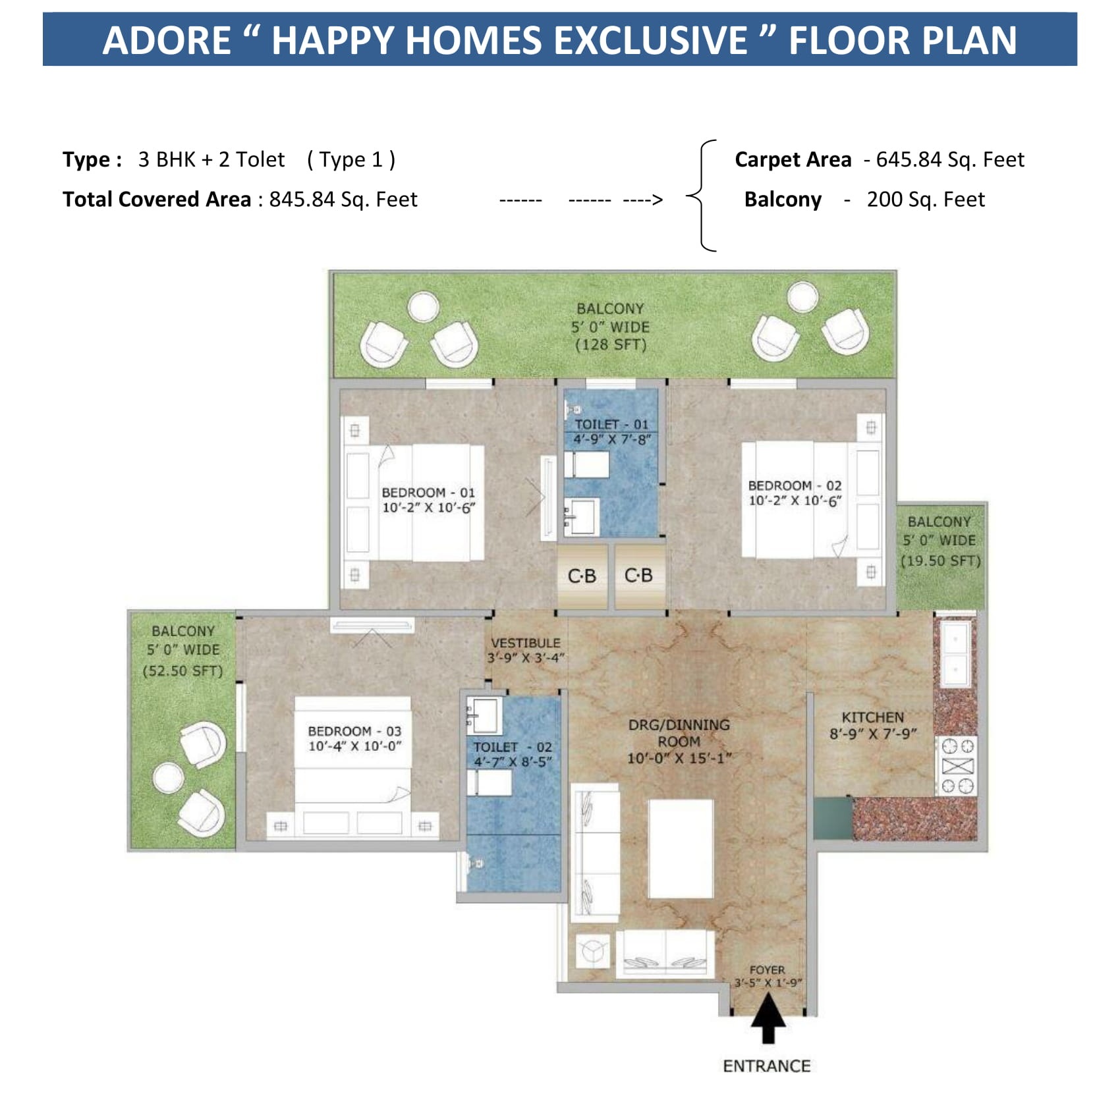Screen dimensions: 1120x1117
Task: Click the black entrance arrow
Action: coord(768,1018)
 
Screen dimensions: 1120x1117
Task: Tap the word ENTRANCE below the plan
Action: coord(767,1066)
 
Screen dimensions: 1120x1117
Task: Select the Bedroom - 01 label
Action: coord(428,493)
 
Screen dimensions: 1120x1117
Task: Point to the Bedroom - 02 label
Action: coord(795,485)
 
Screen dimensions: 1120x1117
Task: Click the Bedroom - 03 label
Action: coord(354,731)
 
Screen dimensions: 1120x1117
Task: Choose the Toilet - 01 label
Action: coord(611,425)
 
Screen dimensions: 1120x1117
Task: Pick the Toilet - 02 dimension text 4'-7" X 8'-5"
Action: coord(513,761)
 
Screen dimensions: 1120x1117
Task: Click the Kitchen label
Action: coord(873,717)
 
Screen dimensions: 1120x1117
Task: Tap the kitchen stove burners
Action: coord(957,765)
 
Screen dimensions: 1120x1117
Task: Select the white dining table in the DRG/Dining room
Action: coord(681,848)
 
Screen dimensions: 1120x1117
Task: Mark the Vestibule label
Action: coord(526,643)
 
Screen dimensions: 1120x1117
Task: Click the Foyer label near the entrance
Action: coord(768,970)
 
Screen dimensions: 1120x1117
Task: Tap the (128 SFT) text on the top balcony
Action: coord(611,344)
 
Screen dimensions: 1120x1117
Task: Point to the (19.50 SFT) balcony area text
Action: coord(941,560)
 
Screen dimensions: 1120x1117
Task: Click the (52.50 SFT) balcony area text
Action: coord(183,670)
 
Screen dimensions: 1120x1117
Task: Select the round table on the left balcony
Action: coord(168,777)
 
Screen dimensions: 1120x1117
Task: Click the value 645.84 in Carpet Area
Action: coord(909,159)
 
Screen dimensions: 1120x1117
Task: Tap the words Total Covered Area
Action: coord(157,199)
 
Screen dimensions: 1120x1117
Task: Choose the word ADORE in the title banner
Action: coord(167,40)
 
